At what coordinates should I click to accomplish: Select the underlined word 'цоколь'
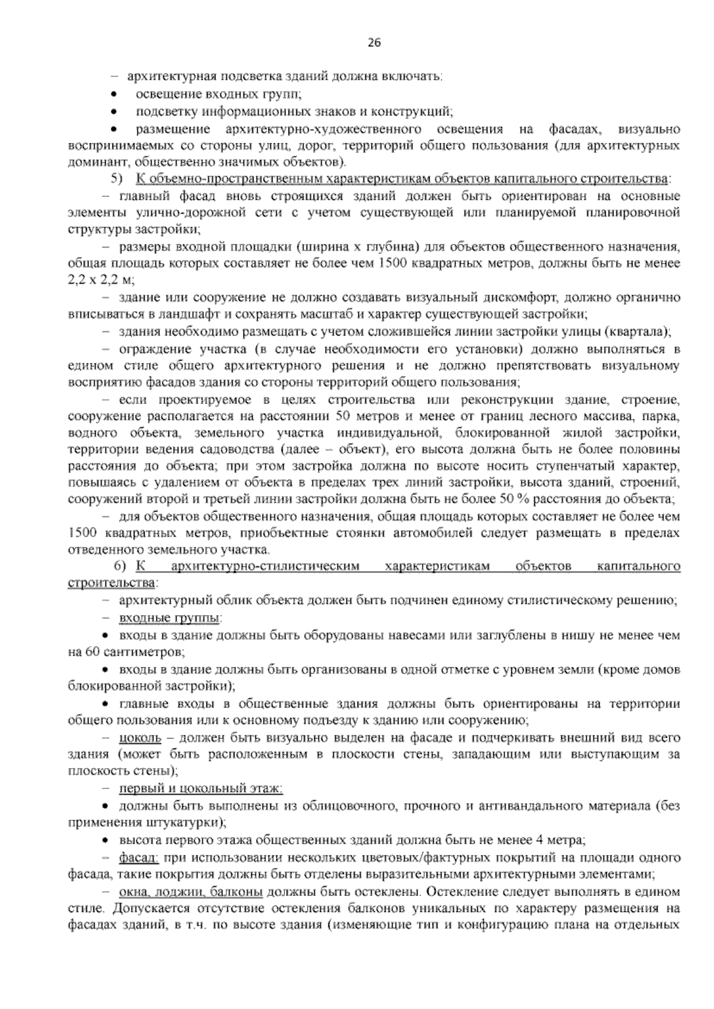[x=140, y=738]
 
